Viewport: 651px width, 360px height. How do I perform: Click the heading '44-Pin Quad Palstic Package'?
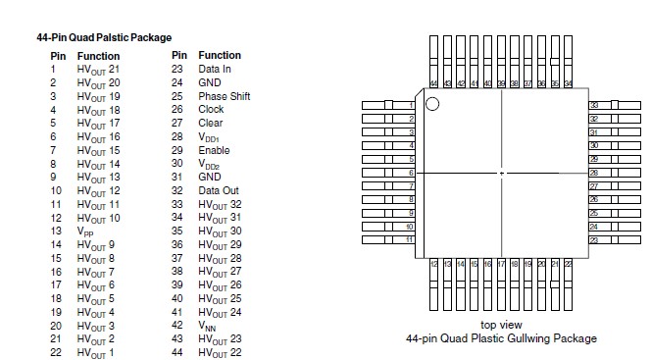pyautogui.click(x=103, y=37)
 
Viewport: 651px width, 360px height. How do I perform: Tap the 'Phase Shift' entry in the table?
pyautogui.click(x=225, y=96)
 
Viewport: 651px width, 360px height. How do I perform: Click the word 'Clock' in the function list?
pyautogui.click(x=212, y=110)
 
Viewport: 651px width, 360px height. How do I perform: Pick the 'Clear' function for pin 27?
pyautogui.click(x=211, y=124)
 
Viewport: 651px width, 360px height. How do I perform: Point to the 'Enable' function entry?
pyautogui.click(x=215, y=150)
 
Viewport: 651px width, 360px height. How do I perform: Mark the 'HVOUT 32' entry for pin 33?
pyautogui.click(x=220, y=204)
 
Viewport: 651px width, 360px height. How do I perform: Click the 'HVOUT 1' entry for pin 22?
pyautogui.click(x=96, y=352)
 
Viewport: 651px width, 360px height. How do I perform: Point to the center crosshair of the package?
pyautogui.click(x=502, y=173)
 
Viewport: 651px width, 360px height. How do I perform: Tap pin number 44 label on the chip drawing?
pyautogui.click(x=434, y=85)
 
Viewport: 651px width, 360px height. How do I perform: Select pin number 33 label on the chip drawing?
pyautogui.click(x=593, y=105)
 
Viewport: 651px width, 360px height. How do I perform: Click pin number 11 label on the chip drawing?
pyautogui.click(x=410, y=239)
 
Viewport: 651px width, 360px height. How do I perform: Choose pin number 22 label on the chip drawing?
pyautogui.click(x=569, y=263)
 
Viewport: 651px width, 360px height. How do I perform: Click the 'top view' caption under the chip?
pyautogui.click(x=501, y=325)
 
